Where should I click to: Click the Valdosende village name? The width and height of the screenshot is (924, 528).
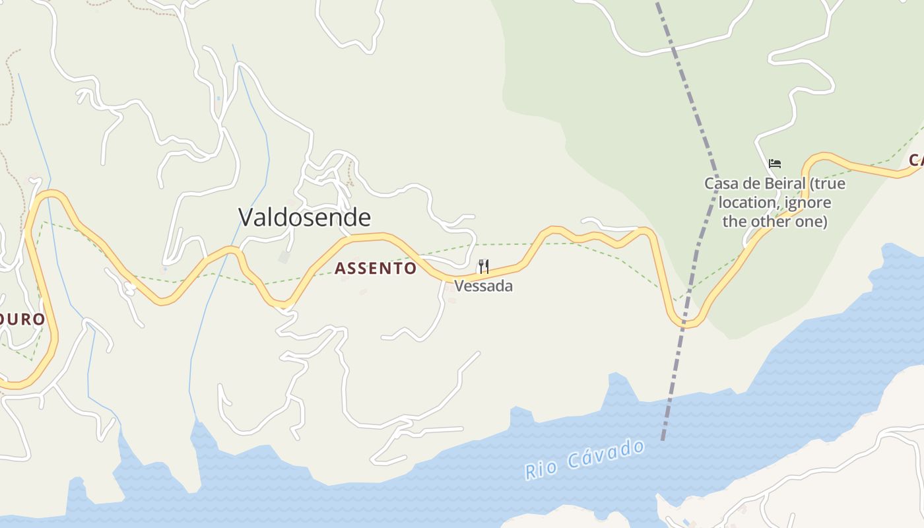304,217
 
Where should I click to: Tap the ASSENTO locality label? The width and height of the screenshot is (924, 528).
376,268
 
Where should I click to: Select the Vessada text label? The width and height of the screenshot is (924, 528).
483,286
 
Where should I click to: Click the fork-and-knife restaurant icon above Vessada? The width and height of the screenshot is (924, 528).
484,267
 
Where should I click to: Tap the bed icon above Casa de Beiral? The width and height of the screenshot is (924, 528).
775,163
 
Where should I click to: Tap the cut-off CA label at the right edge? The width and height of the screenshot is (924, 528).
915,160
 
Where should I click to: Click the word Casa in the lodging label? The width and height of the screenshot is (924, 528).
720,183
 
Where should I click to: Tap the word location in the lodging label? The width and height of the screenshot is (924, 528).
748,202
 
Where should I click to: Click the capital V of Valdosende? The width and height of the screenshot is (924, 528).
246,217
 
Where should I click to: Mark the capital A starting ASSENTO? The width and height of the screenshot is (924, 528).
341,268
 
